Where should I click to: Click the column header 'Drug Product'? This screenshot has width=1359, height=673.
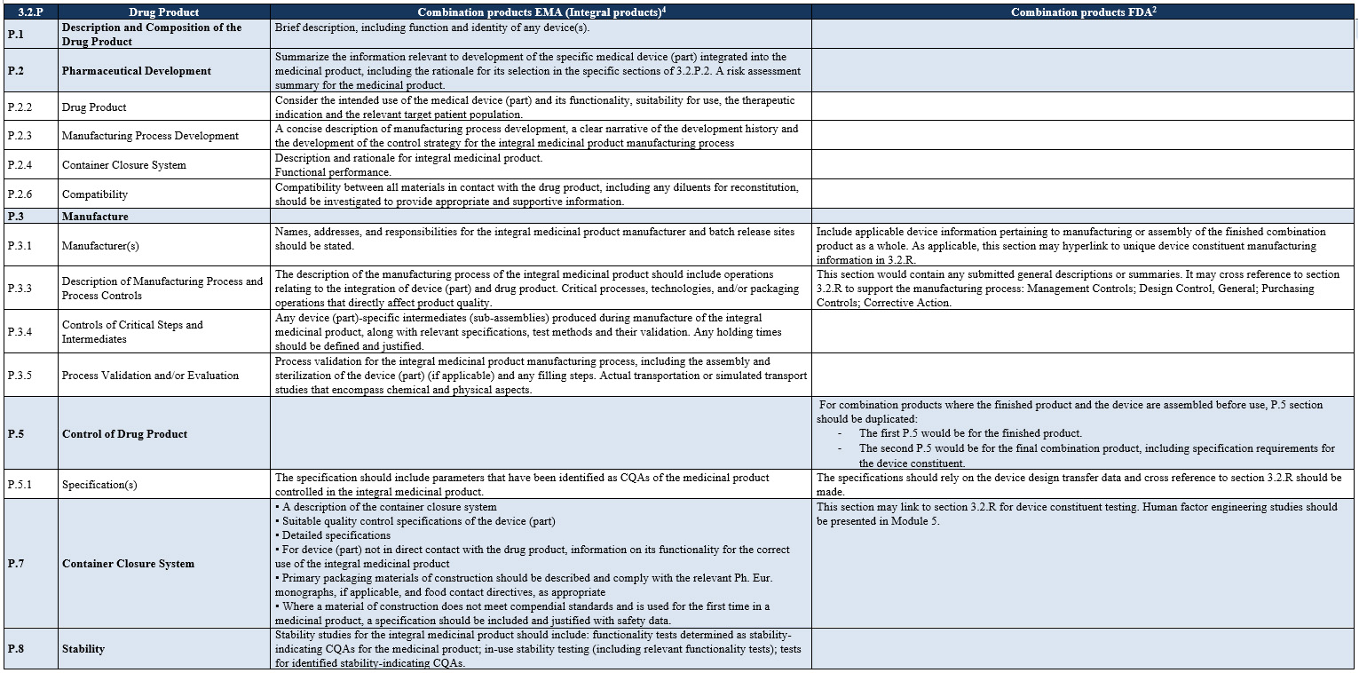[x=163, y=12]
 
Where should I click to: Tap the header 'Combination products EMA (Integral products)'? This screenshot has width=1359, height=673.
[x=541, y=12]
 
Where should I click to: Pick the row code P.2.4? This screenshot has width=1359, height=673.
[x=20, y=165]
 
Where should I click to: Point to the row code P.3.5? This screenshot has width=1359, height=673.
[x=20, y=376]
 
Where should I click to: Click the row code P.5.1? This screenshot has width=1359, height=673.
[x=20, y=485]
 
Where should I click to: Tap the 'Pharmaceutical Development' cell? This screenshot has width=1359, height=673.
[x=136, y=71]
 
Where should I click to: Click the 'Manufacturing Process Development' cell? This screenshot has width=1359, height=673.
[x=150, y=136]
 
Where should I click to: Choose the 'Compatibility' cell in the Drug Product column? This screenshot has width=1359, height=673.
[x=94, y=194]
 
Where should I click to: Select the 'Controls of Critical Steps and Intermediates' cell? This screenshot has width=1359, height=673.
[x=132, y=331]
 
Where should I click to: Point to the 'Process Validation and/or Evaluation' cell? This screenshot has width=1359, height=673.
[x=150, y=376]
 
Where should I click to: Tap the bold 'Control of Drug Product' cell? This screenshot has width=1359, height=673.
[x=124, y=434]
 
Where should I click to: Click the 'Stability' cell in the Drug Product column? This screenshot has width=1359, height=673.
[x=83, y=649]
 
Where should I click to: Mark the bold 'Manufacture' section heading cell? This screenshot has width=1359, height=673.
[x=95, y=217]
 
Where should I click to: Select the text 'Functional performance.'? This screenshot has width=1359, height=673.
[x=333, y=172]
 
